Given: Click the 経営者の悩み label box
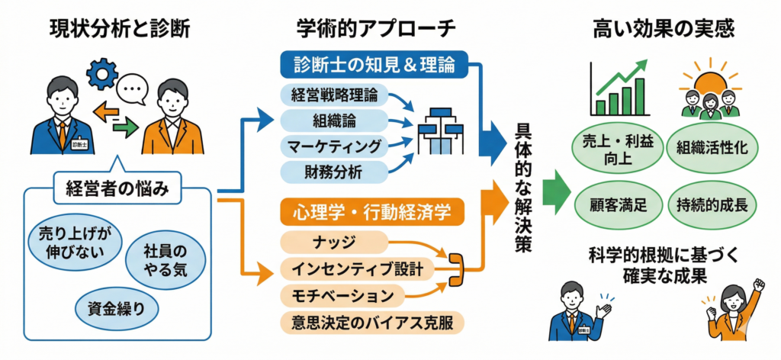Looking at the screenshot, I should (117, 188).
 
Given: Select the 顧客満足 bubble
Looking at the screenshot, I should (619, 204).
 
